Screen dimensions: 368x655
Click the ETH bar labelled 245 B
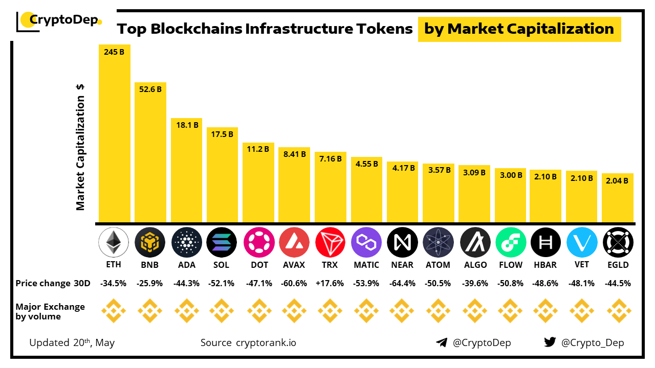[x=115, y=133]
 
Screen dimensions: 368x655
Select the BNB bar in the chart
[x=150, y=153]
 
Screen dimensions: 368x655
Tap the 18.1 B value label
[x=186, y=125]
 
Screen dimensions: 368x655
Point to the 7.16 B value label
[x=330, y=158]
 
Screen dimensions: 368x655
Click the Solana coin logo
[x=222, y=242]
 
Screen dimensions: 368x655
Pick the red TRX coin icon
[x=330, y=242]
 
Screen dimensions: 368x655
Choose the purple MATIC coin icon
[x=366, y=242]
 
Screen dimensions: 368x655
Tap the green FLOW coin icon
[x=511, y=242]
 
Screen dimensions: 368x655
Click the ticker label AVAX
[x=294, y=265]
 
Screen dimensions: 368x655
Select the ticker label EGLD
[x=618, y=265]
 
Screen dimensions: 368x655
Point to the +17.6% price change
[x=330, y=283]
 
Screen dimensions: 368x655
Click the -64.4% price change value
[x=402, y=283]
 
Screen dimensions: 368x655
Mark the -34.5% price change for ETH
[x=114, y=283]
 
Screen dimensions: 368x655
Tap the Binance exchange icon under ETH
[x=114, y=311]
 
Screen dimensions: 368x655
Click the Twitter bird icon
[x=550, y=342]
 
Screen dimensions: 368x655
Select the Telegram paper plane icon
[x=442, y=342]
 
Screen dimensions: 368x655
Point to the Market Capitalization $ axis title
[x=80, y=147]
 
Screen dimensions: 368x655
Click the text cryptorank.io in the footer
[x=266, y=342]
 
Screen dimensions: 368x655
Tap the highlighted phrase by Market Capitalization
[x=519, y=29]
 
